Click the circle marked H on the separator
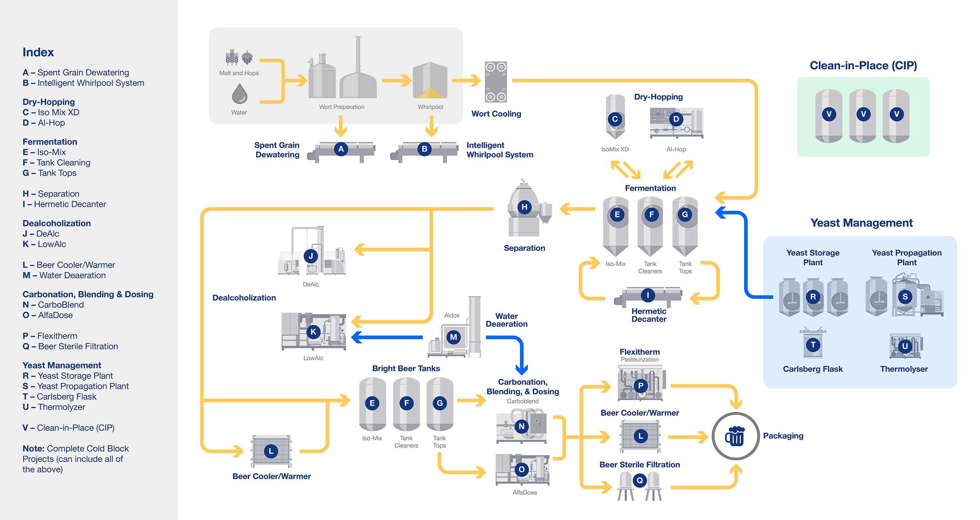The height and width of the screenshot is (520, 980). point(524,207)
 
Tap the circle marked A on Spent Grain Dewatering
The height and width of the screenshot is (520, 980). point(341,149)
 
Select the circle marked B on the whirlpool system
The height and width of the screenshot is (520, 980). point(424,149)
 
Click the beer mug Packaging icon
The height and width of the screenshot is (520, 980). point(735,436)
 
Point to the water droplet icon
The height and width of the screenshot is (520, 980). point(239,94)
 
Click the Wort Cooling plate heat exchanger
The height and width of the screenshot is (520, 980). point(495,82)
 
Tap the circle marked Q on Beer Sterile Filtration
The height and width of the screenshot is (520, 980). point(640,480)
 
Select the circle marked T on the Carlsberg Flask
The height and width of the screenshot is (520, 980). point(813,345)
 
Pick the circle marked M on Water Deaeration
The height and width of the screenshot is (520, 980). point(453,337)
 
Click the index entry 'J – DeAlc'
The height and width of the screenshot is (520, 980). point(41,234)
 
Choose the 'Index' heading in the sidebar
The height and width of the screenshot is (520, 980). point(38,52)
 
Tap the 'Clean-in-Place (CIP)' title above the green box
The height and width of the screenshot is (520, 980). point(863,65)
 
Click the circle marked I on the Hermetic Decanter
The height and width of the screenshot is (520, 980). point(647,295)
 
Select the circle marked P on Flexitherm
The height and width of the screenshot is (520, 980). point(640,386)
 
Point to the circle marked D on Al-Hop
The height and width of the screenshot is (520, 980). point(676,119)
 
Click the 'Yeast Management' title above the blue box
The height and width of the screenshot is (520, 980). point(861,222)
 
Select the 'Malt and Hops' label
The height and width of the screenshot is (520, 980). point(239,73)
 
